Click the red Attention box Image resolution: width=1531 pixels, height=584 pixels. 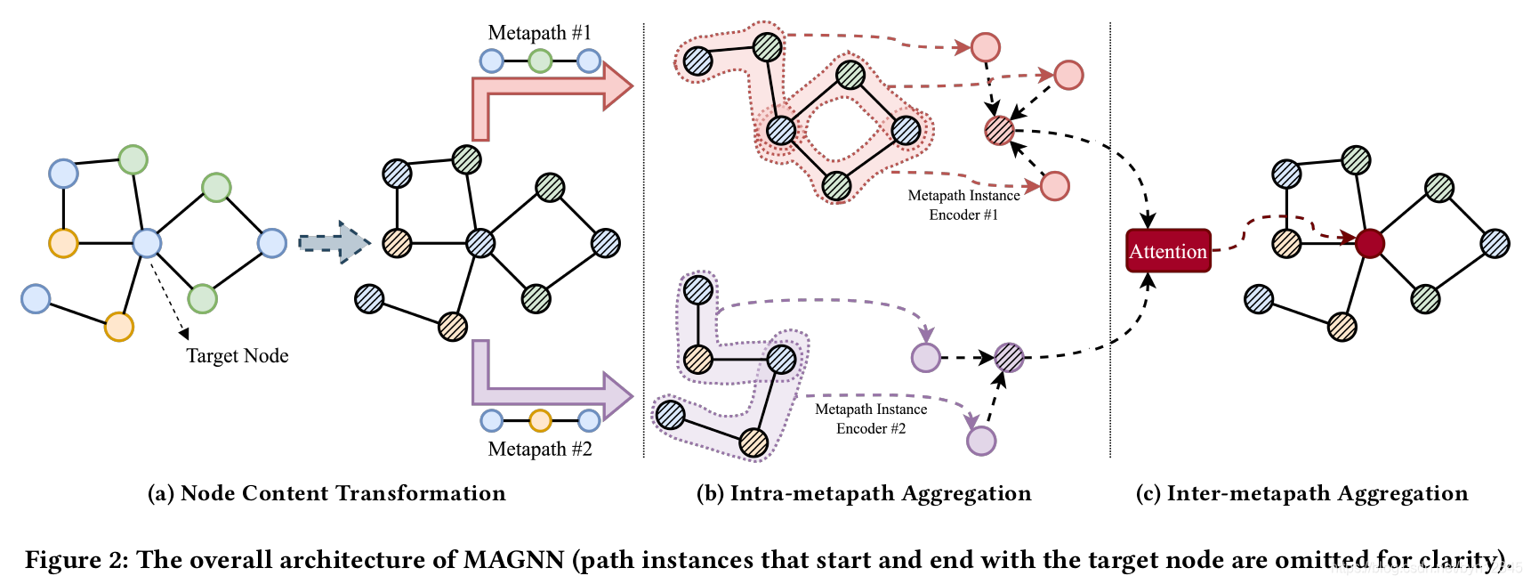pos(1167,251)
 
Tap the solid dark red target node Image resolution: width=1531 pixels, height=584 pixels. pos(1369,243)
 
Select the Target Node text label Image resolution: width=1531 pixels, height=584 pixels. pos(237,356)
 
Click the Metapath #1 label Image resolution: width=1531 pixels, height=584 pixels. pos(539,33)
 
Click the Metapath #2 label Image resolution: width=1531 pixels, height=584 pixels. pos(539,449)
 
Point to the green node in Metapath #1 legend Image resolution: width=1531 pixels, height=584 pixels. pos(540,61)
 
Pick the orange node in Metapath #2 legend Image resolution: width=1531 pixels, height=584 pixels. pos(540,420)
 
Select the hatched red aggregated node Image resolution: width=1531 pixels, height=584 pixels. pos(999,131)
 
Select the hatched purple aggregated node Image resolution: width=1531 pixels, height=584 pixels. pos(1009,357)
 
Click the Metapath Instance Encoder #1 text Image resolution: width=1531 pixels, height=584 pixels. pos(963,205)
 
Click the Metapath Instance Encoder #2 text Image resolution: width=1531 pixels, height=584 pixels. pos(871,418)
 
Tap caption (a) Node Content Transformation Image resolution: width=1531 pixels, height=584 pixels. pos(326,493)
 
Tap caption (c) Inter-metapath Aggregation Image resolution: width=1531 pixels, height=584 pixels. pos(1301,493)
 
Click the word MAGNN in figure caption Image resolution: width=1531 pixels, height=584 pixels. pos(513,560)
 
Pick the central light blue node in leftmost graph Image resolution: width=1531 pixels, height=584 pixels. pos(147,243)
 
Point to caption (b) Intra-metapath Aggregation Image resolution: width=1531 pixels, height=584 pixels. pos(863,493)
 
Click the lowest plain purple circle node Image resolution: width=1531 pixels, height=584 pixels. pos(980,441)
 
